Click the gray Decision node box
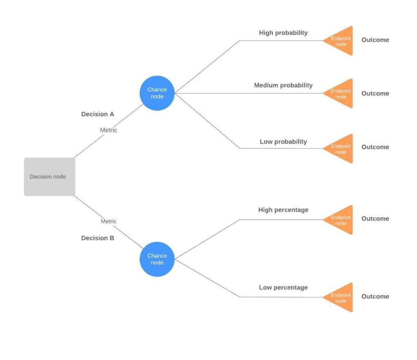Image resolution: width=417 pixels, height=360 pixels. click(49, 177)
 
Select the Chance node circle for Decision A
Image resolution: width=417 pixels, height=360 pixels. click(157, 93)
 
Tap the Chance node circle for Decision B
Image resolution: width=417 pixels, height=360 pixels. click(157, 259)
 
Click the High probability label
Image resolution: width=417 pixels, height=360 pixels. click(283, 33)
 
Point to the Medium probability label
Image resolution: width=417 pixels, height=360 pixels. click(283, 85)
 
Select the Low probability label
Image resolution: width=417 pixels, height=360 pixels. click(283, 142)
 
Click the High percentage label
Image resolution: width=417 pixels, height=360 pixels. click(283, 210)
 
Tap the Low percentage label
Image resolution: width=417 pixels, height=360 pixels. click(283, 288)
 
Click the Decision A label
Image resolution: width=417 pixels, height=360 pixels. click(98, 114)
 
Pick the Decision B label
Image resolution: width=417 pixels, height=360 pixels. click(98, 238)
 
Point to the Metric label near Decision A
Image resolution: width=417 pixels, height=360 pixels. click(108, 130)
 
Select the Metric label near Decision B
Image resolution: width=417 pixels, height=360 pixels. click(108, 221)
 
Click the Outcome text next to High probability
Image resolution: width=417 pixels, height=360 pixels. click(375, 40)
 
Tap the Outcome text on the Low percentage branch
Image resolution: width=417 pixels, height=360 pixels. click(375, 297)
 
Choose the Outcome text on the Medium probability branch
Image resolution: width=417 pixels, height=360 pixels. click(375, 94)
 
